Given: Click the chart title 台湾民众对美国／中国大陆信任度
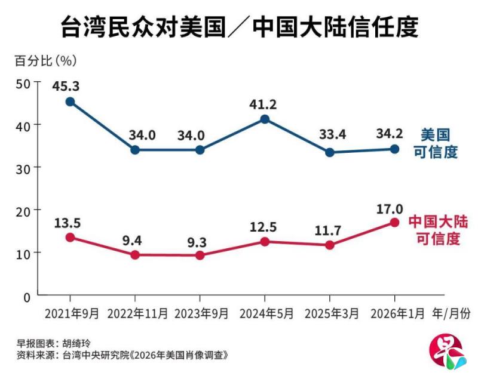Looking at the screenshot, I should (239, 27).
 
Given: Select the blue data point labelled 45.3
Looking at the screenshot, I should (70, 101).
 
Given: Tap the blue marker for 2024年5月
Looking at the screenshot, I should (265, 119).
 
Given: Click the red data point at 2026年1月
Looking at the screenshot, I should (394, 223).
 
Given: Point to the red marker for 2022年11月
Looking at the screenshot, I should (135, 255).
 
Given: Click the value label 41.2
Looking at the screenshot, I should (265, 104).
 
